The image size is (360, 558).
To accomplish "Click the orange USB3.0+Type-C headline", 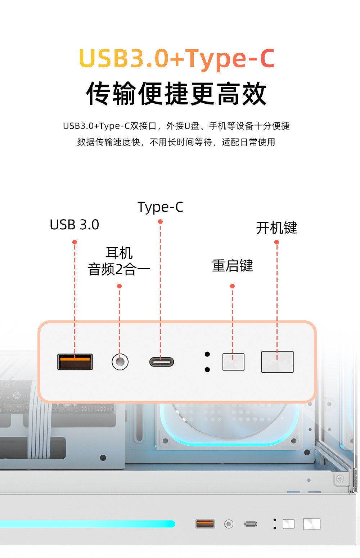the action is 177,59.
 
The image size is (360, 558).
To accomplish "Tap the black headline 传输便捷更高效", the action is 176,94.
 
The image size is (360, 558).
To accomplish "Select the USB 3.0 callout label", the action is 75,225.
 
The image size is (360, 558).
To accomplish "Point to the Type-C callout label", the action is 161,207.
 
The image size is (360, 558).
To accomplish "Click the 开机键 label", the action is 277,228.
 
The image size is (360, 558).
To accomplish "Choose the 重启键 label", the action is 233,266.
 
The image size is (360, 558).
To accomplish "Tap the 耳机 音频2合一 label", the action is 119,261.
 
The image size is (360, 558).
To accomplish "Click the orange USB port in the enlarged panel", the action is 75,362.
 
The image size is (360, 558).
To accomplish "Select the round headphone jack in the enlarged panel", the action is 120,362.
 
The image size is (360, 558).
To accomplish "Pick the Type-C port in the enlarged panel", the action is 162,362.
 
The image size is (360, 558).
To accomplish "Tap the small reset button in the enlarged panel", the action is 233,362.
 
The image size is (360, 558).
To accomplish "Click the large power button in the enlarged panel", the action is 277,362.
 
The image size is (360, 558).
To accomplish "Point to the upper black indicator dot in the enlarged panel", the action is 207,354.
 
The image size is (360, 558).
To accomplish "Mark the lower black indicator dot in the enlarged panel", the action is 207,370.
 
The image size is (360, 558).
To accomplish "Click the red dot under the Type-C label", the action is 161,221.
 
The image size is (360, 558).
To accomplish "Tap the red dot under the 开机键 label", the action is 276,242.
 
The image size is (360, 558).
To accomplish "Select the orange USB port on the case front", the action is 205,524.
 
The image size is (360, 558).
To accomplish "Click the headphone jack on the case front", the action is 229,524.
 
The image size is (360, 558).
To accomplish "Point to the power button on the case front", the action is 312,524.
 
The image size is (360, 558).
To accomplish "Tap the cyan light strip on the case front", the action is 87,524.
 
